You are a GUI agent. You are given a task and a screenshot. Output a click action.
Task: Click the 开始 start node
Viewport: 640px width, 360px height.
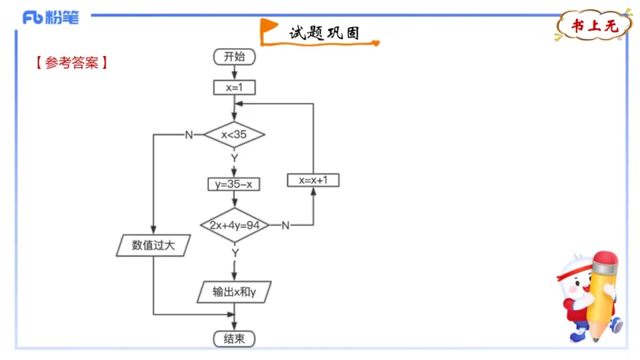coord(234,57)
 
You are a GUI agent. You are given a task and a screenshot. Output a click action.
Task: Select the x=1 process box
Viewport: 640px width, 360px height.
coord(234,87)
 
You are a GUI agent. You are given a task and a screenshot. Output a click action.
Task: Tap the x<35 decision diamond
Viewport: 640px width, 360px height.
coord(234,134)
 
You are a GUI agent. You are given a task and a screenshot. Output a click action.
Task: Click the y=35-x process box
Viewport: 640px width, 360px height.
coord(234,184)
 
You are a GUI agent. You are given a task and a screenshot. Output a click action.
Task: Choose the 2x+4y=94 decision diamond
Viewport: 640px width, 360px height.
coord(234,226)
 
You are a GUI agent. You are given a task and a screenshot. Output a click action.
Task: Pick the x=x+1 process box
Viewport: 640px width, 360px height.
coord(313,180)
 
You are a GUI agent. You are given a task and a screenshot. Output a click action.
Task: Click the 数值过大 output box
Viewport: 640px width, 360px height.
coord(152,246)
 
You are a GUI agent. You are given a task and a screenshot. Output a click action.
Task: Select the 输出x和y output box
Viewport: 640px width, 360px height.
coord(234,292)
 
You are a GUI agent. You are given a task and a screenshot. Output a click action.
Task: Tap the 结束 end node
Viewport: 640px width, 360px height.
coord(234,338)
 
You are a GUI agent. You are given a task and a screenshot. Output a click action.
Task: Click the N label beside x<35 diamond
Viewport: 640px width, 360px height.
coord(189,134)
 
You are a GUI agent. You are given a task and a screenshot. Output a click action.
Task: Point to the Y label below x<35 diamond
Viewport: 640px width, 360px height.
coord(234,158)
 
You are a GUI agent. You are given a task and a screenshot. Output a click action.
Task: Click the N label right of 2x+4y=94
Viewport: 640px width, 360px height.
coord(285,226)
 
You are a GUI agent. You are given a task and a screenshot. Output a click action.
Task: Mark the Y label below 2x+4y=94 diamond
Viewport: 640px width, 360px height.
coord(235,252)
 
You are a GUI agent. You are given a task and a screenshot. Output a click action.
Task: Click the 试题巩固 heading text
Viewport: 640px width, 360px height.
coord(323,34)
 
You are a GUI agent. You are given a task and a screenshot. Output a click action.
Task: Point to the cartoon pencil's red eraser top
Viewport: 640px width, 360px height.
coord(606,262)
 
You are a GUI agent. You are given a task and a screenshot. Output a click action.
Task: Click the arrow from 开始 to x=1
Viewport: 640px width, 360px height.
coord(234,72)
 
